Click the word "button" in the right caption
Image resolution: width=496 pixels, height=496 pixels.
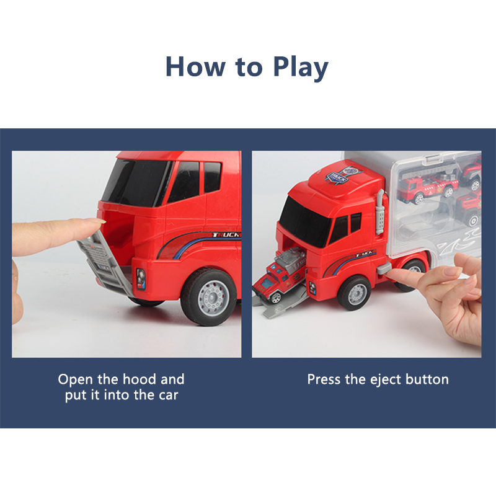pos(427,379)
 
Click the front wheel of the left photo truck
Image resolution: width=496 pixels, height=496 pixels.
pos(210,296)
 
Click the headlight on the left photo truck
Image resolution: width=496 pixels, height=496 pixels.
pos(141,280)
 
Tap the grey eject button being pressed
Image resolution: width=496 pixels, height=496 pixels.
pos(384,268)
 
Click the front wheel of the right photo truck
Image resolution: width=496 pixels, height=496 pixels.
pos(355,293)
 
